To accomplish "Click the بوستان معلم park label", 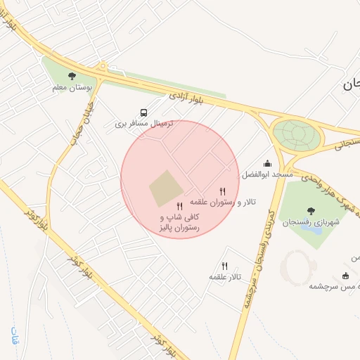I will pyautogui.click(x=70, y=88).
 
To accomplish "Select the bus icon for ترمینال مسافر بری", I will pyautogui.click(x=144, y=112).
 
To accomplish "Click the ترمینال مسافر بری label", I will pyautogui.click(x=144, y=124).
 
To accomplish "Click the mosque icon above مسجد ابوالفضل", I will pyautogui.click(x=267, y=163).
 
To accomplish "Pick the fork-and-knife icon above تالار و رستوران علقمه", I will pyautogui.click(x=223, y=191).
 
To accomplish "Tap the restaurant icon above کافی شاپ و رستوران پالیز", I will pyautogui.click(x=179, y=207).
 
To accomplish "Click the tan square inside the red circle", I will pyautogui.click(x=166, y=188).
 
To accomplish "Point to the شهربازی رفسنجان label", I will pyautogui.click(x=311, y=221).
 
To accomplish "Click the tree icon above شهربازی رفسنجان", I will pyautogui.click(x=311, y=210).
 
